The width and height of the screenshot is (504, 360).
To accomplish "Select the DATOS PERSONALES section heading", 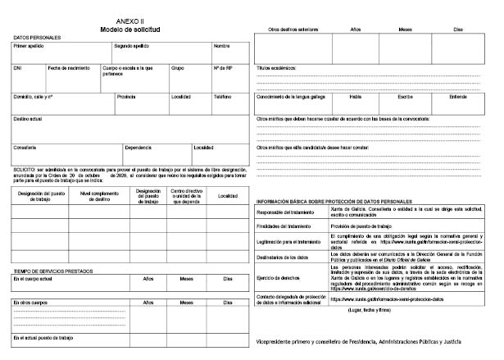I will point(38,38).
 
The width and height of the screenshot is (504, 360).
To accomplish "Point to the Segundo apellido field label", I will point(132,46).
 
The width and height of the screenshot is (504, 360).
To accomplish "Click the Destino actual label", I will point(29,118).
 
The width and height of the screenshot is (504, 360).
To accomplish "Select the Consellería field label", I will point(25,147).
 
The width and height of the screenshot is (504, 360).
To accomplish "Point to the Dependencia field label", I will point(138,147).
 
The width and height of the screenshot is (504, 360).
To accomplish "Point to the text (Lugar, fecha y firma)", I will point(371,312).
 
